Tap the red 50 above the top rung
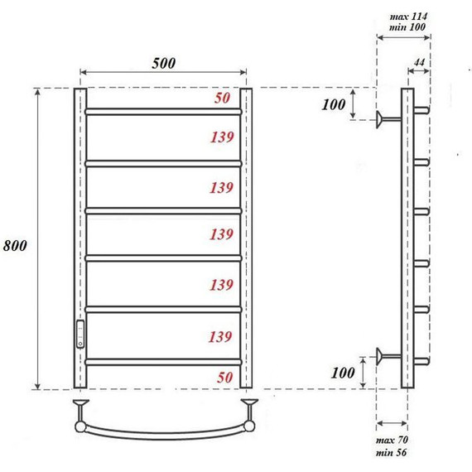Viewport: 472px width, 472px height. (223, 99)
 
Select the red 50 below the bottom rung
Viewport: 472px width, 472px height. (223, 377)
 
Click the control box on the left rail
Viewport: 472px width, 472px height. (80, 333)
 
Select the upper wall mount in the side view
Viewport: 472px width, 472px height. (385, 119)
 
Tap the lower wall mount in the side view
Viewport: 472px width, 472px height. (385, 357)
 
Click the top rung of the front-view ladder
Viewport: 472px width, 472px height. (164, 110)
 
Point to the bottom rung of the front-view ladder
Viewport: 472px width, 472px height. (164, 361)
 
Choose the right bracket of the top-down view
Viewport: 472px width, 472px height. (249, 412)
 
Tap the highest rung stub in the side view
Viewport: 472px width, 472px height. (421, 109)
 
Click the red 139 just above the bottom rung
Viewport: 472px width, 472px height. (223, 336)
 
